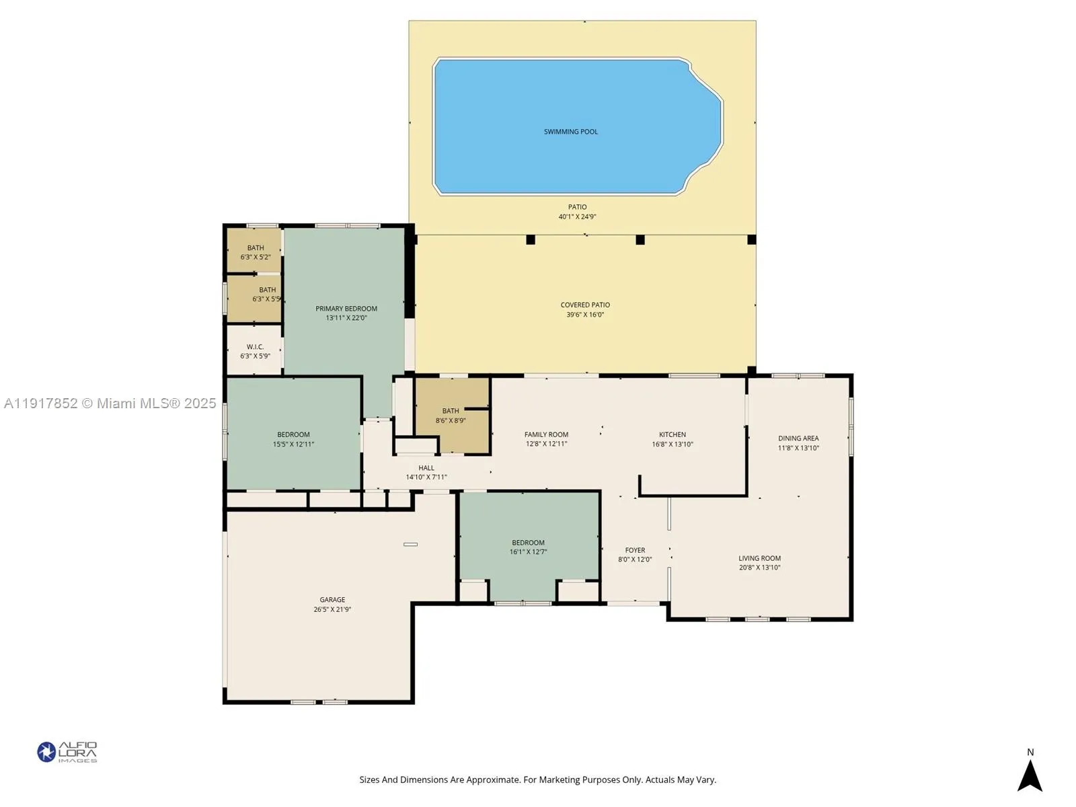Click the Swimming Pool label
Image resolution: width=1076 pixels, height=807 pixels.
pyautogui.click(x=570, y=132)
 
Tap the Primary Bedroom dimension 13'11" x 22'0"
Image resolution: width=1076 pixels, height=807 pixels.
pyautogui.click(x=346, y=318)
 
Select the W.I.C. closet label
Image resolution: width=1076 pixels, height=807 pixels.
pyautogui.click(x=255, y=347)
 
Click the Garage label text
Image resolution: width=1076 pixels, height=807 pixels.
pyautogui.click(x=332, y=600)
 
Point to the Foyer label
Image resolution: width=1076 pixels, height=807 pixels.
pyautogui.click(x=635, y=550)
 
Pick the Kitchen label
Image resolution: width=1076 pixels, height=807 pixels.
pyautogui.click(x=672, y=434)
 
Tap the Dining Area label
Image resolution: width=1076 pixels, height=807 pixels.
pyautogui.click(x=798, y=438)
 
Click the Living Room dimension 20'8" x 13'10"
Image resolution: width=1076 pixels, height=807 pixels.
pyautogui.click(x=759, y=568)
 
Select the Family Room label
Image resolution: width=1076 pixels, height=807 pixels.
pyautogui.click(x=546, y=434)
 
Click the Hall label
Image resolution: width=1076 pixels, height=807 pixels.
pyautogui.click(x=426, y=468)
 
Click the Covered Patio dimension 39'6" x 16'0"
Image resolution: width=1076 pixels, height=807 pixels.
pyautogui.click(x=585, y=315)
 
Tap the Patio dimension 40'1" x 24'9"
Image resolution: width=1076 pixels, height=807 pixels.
pyautogui.click(x=577, y=217)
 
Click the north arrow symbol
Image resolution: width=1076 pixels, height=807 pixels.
pyautogui.click(x=1030, y=775)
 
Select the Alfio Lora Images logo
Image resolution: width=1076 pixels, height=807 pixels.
pyautogui.click(x=67, y=752)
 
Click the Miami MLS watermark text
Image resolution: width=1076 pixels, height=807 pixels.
pyautogui.click(x=110, y=403)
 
